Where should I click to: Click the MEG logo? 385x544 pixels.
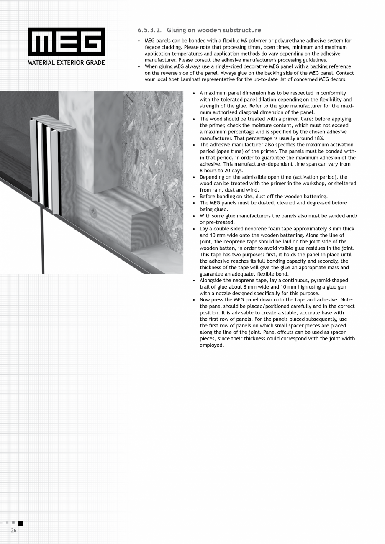(66, 42)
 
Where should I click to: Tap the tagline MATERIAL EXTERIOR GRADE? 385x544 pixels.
(66, 63)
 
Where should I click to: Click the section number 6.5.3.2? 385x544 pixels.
(149, 30)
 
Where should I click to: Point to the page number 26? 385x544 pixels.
(14, 530)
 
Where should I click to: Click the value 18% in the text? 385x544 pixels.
(319, 138)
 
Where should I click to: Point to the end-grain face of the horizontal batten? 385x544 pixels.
(146, 226)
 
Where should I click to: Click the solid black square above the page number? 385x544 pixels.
(21, 523)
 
